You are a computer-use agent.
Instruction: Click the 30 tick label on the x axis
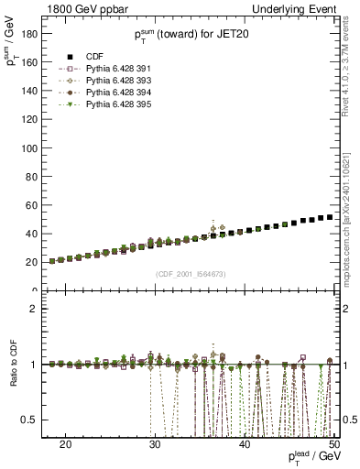tap(155, 442)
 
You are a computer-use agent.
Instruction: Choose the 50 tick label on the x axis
tap(333, 442)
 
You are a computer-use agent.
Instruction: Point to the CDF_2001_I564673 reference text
tap(188, 273)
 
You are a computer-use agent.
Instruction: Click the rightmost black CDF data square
tap(330, 217)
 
